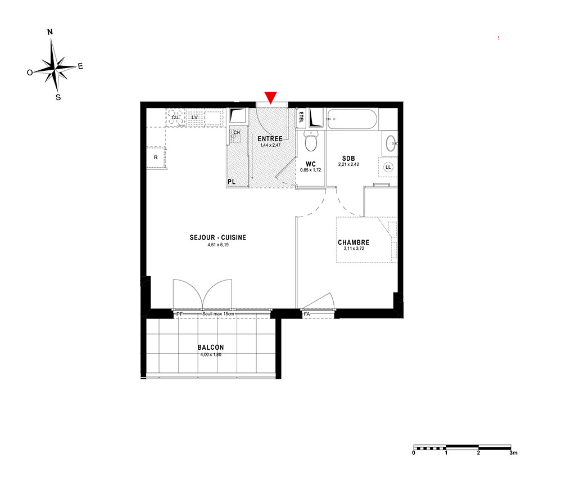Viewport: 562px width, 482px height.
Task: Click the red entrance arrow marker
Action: [x=271, y=97]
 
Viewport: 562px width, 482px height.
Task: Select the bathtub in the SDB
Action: [x=352, y=119]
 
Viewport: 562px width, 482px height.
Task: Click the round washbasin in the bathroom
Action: [x=391, y=144]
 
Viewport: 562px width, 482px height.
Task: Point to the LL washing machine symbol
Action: [x=388, y=167]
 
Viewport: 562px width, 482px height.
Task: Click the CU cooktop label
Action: [x=175, y=118]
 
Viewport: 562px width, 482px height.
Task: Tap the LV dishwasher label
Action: [x=194, y=118]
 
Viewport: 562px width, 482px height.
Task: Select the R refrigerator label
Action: [x=156, y=157]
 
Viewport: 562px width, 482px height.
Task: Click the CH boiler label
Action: [x=237, y=132]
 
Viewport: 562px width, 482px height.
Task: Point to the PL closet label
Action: [x=232, y=182]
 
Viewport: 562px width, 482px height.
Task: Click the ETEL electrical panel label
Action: [x=301, y=118]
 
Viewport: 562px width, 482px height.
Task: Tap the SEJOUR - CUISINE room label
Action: [x=218, y=237]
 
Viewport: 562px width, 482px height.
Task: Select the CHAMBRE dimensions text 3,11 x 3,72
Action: [x=353, y=248]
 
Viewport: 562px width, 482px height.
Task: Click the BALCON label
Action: [x=211, y=347]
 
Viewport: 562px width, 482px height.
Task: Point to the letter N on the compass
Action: [x=50, y=32]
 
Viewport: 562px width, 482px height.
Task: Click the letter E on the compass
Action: [x=80, y=66]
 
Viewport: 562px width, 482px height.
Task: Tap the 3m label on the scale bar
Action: [x=514, y=453]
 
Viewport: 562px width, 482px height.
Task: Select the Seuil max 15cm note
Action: [x=218, y=314]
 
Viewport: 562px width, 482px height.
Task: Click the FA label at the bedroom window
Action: [x=307, y=314]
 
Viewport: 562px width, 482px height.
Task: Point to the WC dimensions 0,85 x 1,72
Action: [x=310, y=170]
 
